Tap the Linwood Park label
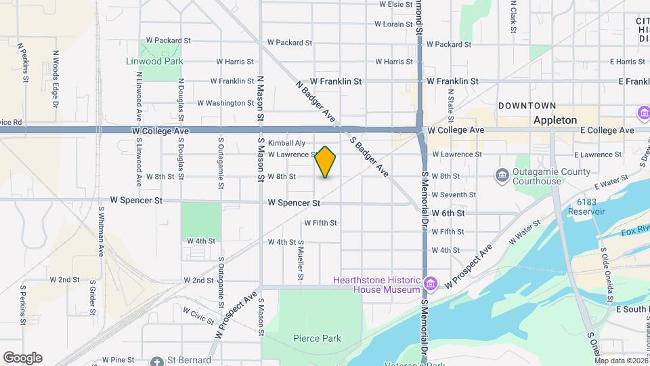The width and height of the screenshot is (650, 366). coord(155,61)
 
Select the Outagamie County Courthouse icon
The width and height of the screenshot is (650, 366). coord(502,176)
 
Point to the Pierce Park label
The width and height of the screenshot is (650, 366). coord(317,338)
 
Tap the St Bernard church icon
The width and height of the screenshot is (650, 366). coord(157,361)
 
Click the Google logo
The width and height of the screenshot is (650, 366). coord(22,358)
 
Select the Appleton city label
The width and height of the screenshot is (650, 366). coord(555,120)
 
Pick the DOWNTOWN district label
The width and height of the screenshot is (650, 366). coord(527,106)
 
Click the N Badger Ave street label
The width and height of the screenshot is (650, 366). coord(316,103)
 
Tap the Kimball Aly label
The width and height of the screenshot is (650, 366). coord(286,143)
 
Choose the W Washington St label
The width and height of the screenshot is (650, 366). coord(225,103)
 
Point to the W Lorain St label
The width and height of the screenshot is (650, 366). coord(393,24)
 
